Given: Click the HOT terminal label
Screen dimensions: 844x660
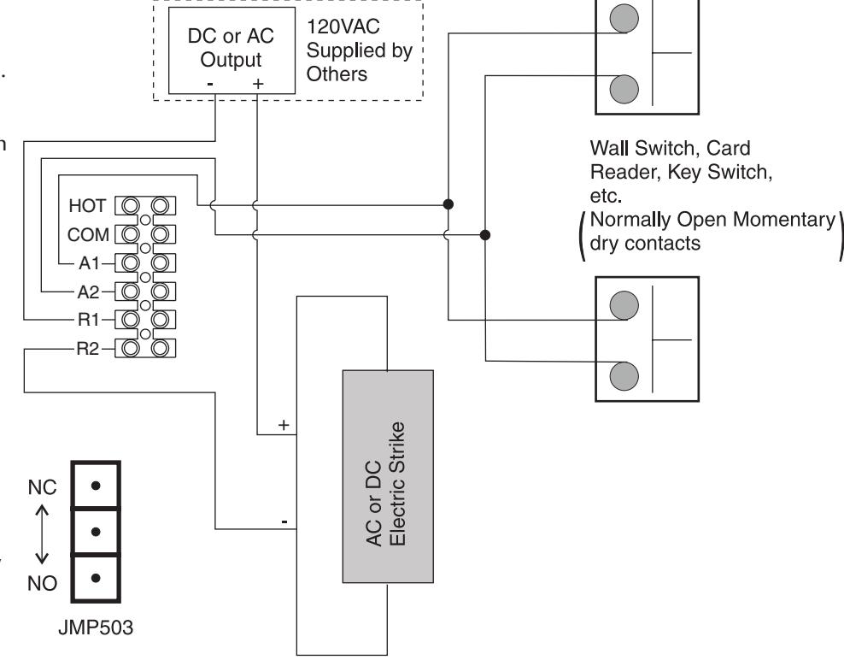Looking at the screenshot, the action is (x=87, y=205).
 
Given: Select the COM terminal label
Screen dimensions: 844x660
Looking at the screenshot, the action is (x=88, y=234).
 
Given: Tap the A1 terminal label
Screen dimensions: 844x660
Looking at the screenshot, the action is (x=90, y=263).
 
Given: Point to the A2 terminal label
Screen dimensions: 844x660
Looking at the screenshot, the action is (x=89, y=292).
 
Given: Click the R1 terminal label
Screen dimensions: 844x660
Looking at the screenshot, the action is (x=89, y=320).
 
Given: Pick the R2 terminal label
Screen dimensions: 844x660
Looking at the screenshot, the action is (x=88, y=349).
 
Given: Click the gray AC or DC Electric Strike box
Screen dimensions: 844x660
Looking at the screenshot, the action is (x=388, y=476).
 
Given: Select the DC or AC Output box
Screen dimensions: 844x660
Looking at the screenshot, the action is (x=232, y=50).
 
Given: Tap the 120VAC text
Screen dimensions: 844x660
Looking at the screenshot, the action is (x=343, y=27).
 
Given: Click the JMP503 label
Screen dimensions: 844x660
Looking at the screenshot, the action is (x=96, y=628).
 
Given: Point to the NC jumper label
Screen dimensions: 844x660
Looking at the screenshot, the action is (x=42, y=487).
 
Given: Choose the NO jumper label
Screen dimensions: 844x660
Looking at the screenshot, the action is (x=42, y=583).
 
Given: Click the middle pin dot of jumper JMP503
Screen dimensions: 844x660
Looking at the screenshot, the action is (x=96, y=532).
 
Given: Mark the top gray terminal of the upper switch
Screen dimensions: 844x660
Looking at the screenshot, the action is (x=624, y=18).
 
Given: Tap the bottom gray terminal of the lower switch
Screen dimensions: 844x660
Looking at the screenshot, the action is (x=624, y=376).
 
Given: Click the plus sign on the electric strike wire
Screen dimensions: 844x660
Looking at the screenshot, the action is (x=284, y=425).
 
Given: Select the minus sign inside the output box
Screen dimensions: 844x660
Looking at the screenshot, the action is (x=210, y=84).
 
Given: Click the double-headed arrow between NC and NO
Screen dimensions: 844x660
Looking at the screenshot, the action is (x=42, y=534).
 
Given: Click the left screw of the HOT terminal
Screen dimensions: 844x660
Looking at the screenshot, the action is (x=130, y=205).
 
